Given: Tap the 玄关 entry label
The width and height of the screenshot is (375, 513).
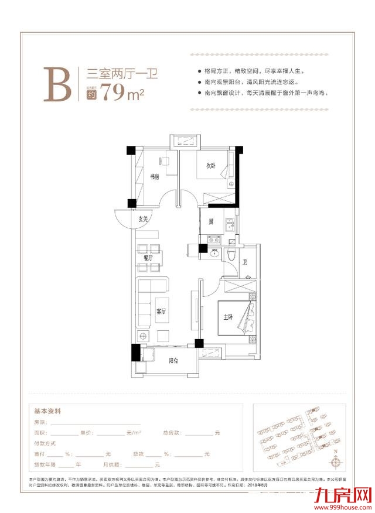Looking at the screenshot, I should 144,220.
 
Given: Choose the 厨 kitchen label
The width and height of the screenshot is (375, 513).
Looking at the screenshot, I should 210,222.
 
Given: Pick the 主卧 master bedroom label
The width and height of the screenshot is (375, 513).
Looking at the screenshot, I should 228,317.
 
